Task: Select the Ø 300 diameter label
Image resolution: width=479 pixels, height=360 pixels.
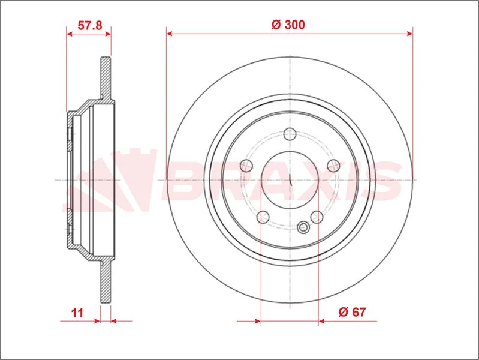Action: click(288, 25)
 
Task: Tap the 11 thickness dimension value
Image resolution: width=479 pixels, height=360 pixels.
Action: click(76, 312)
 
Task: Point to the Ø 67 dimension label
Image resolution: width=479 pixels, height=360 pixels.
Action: click(352, 312)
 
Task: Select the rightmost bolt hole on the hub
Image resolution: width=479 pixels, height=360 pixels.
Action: click(333, 165)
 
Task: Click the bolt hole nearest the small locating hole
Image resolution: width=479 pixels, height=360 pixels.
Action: click(316, 217)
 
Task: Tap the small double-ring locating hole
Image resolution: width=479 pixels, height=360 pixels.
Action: click(304, 227)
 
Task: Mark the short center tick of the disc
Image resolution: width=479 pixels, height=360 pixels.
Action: click(290, 179)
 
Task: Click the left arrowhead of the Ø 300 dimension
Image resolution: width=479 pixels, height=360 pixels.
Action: click(170, 34)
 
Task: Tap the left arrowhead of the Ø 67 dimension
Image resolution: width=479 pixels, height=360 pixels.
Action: click(258, 322)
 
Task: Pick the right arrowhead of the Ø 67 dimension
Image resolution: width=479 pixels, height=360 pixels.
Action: click(321, 322)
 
